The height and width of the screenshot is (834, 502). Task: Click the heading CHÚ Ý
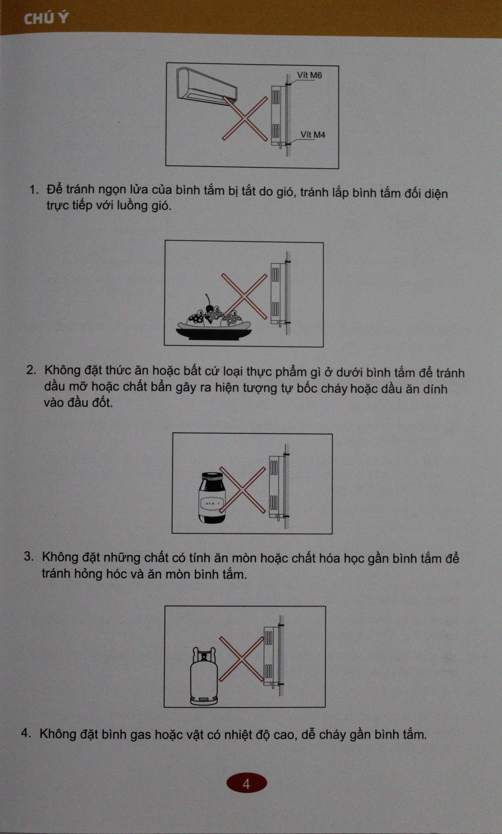point(46,18)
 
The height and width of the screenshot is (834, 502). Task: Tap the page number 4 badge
point(246,784)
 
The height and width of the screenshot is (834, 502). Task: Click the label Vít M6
point(310,75)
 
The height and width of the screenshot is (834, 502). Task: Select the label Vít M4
point(313,135)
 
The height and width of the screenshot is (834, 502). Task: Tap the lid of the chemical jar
point(212,477)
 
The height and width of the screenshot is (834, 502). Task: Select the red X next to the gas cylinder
point(242,658)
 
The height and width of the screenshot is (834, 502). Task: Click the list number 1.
point(33,189)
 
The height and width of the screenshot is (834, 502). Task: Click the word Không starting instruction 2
point(62,370)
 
